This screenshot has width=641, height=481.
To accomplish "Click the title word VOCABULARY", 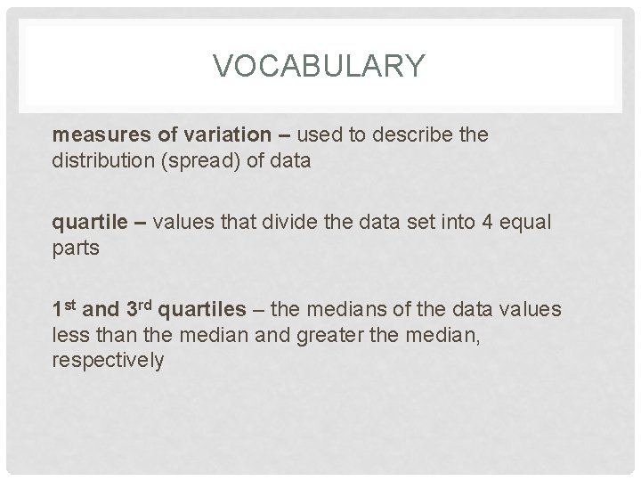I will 320,65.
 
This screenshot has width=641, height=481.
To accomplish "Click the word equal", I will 526,222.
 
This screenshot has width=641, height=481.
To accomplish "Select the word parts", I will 76,249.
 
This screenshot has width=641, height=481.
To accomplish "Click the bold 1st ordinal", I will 64,308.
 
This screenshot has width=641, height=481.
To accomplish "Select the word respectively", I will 109,362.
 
